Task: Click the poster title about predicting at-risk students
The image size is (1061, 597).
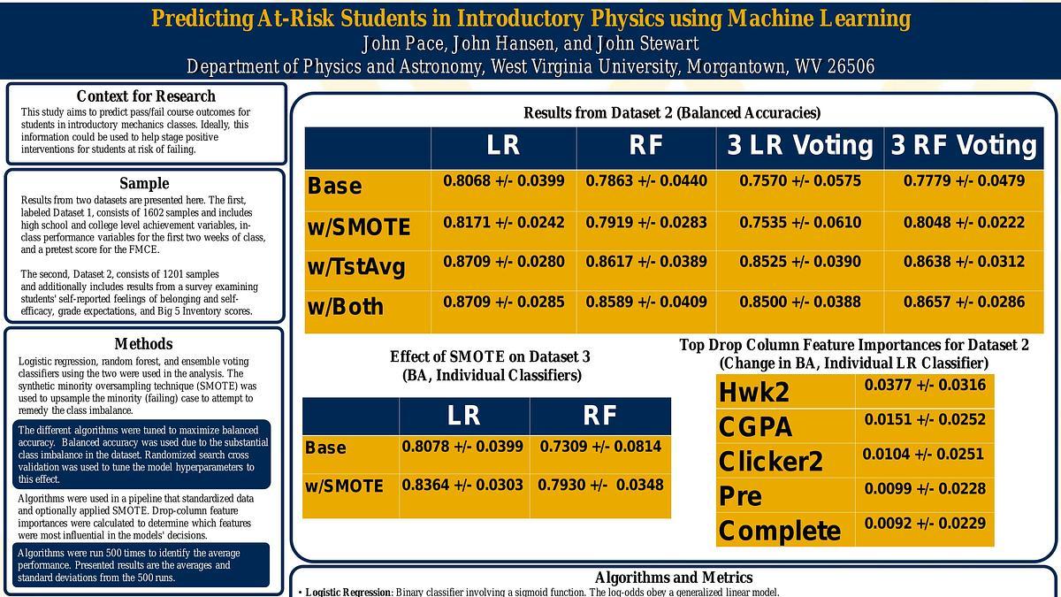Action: (530, 18)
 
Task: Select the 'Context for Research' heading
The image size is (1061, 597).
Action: (146, 96)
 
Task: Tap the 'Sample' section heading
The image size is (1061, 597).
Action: (144, 183)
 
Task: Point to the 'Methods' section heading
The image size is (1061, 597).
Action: (143, 344)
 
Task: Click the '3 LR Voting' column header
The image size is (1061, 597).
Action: (799, 146)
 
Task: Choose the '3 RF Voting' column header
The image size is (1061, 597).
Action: (963, 146)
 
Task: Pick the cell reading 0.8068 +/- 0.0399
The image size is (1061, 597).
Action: (503, 181)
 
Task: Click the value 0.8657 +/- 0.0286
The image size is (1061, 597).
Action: (964, 302)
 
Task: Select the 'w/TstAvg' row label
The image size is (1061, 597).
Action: (356, 266)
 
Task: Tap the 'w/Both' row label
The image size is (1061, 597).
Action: (346, 307)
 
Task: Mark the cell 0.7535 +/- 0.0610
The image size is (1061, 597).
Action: (800, 222)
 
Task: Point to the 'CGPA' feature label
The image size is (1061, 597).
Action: (755, 427)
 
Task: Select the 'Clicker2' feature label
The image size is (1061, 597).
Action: (770, 461)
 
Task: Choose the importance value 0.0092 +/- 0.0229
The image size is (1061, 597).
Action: (925, 524)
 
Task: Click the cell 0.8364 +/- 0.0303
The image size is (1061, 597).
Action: (462, 486)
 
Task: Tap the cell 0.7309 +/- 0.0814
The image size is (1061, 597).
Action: (600, 447)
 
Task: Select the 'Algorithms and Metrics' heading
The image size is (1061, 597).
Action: (674, 578)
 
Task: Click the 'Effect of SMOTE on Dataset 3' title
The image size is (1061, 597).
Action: (490, 356)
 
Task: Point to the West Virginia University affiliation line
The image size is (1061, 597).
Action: (530, 67)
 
